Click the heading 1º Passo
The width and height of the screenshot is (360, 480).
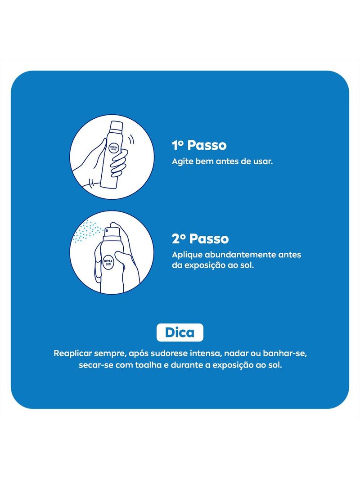[x=199, y=145]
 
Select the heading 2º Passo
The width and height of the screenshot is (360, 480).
[x=200, y=239]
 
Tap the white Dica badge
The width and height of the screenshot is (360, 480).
[x=180, y=332]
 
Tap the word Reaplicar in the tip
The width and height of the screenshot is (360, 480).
[x=73, y=354]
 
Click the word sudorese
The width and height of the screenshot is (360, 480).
[x=169, y=353]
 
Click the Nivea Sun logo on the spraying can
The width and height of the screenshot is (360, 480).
[x=108, y=262]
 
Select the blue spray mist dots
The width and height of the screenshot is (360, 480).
[x=88, y=231]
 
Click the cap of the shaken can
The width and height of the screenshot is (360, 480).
[x=117, y=126]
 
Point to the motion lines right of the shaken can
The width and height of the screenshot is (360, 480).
[x=131, y=140]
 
